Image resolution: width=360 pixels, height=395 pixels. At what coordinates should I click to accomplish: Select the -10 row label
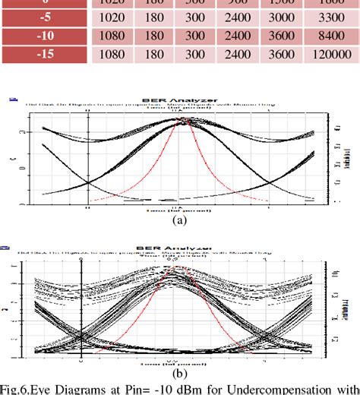[46, 36]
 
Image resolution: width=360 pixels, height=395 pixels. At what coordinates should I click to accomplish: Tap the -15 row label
[46, 55]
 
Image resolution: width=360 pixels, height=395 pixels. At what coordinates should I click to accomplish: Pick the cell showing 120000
[330, 55]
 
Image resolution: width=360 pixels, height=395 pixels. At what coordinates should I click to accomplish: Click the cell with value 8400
[330, 36]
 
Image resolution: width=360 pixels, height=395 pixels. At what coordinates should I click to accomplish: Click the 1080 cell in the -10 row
[112, 36]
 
